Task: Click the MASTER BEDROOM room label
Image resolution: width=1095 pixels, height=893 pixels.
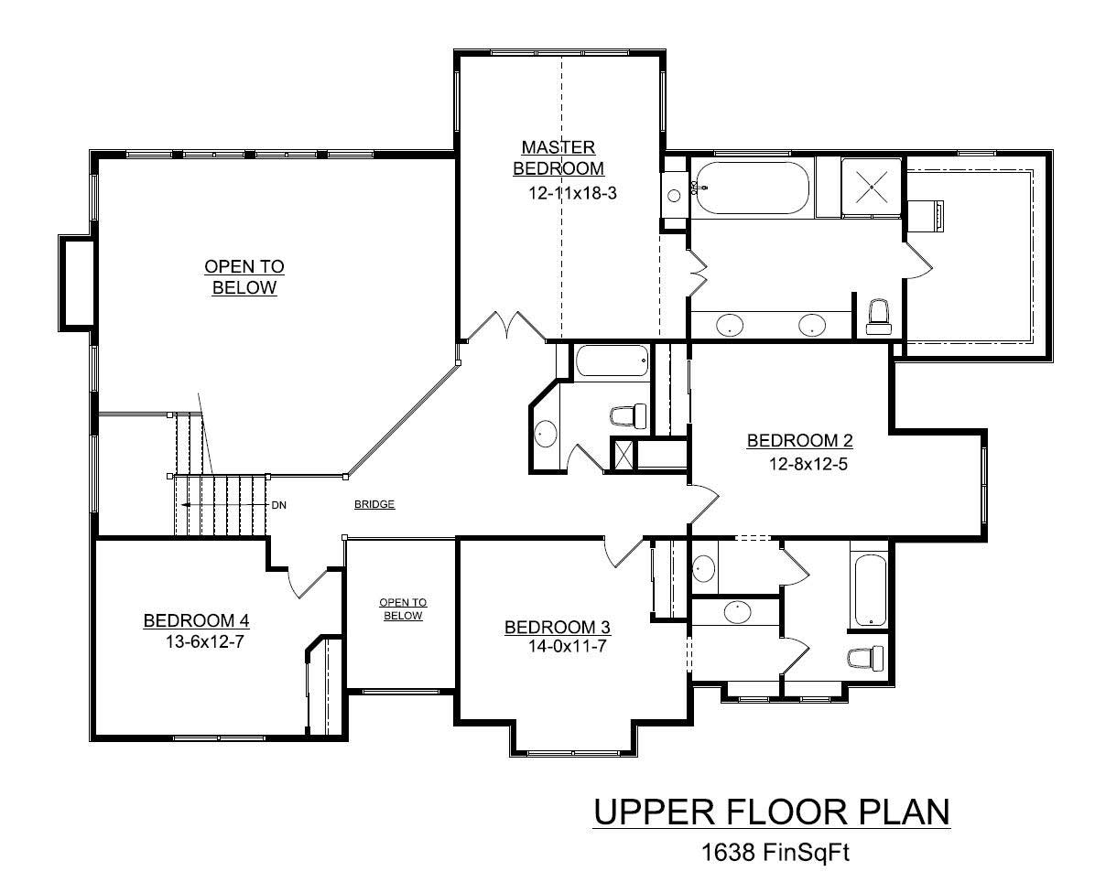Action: point(558,157)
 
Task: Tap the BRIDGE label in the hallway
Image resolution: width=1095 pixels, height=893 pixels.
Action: point(374,504)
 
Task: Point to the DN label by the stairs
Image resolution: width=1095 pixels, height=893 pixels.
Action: point(278,505)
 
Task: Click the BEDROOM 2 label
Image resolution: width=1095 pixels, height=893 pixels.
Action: point(799,441)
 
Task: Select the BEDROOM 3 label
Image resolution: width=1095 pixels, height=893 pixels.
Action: point(558,627)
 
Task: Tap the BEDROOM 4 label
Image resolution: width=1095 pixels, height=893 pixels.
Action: point(196,621)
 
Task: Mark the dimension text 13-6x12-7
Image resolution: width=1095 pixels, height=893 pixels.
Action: point(203,641)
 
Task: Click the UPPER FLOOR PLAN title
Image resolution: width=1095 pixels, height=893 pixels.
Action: point(772,812)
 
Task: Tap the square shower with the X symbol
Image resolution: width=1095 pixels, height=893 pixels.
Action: point(872,188)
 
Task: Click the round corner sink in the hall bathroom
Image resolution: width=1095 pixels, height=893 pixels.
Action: point(545,433)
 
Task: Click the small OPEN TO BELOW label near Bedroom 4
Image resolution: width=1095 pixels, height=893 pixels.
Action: point(403,608)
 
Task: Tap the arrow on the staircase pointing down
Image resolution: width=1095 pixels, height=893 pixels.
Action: point(186,505)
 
